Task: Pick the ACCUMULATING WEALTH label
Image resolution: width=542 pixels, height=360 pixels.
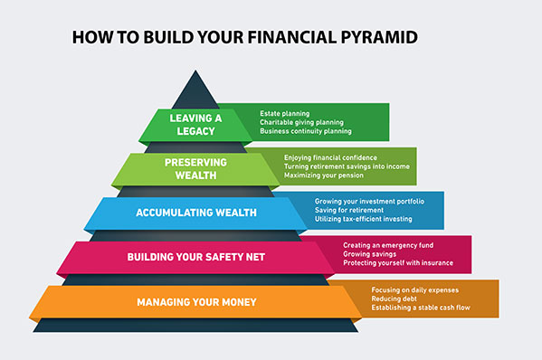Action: click(x=196, y=213)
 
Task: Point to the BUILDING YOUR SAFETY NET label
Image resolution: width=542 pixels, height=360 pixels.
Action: click(x=196, y=257)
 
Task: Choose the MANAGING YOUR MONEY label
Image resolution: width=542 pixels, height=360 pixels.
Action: click(x=196, y=301)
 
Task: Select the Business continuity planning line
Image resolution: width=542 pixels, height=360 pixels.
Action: click(x=306, y=131)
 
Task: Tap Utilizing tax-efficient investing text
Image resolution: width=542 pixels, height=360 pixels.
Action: click(x=364, y=219)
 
